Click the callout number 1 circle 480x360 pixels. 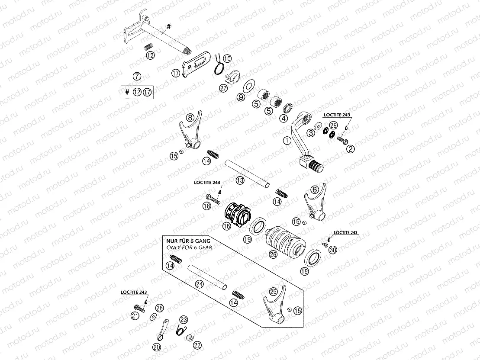(x=286, y=140)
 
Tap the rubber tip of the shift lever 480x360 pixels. (x=316, y=166)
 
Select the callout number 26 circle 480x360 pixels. (x=273, y=254)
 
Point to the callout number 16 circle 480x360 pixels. (x=226, y=226)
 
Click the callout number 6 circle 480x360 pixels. (x=315, y=189)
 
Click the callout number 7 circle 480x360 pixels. (x=137, y=77)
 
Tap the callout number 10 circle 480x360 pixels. (x=227, y=58)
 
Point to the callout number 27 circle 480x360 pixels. (x=223, y=88)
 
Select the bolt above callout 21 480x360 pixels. (x=139, y=308)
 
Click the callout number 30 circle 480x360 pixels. (x=332, y=250)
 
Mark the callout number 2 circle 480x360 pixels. (x=351, y=148)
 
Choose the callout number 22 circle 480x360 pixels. (x=197, y=345)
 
